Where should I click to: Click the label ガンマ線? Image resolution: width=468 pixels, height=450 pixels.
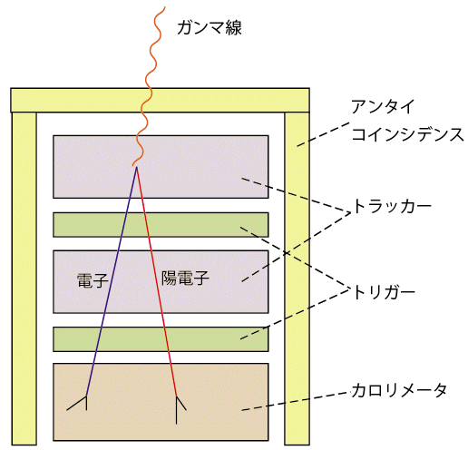[x=210, y=28]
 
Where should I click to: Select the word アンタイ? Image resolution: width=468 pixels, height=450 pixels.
[x=383, y=106]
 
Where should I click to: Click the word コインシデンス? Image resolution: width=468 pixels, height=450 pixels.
[x=407, y=134]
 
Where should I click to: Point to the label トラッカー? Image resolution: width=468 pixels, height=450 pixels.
[x=392, y=207]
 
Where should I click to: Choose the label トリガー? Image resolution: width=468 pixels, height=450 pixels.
[x=384, y=292]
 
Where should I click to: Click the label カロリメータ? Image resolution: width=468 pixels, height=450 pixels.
[x=399, y=390]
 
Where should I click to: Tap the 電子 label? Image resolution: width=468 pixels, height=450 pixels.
[x=93, y=280]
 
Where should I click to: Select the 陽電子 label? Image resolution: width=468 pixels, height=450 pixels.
[x=185, y=278]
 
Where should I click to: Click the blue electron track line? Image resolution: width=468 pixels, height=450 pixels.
[x=112, y=281]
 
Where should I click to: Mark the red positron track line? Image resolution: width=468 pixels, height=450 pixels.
[x=157, y=281]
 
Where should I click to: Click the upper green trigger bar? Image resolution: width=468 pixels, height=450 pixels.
[x=161, y=225]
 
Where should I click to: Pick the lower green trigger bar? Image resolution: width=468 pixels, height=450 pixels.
[x=161, y=339]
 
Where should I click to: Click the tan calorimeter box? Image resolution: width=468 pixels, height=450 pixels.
[x=161, y=402]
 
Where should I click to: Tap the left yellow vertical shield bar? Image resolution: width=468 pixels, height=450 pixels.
[x=24, y=279]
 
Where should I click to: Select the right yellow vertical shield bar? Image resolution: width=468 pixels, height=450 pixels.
[x=297, y=279]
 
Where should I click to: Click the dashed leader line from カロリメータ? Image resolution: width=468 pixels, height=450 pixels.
[x=294, y=401]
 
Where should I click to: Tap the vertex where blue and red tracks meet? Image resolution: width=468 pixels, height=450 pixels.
[x=137, y=167]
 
